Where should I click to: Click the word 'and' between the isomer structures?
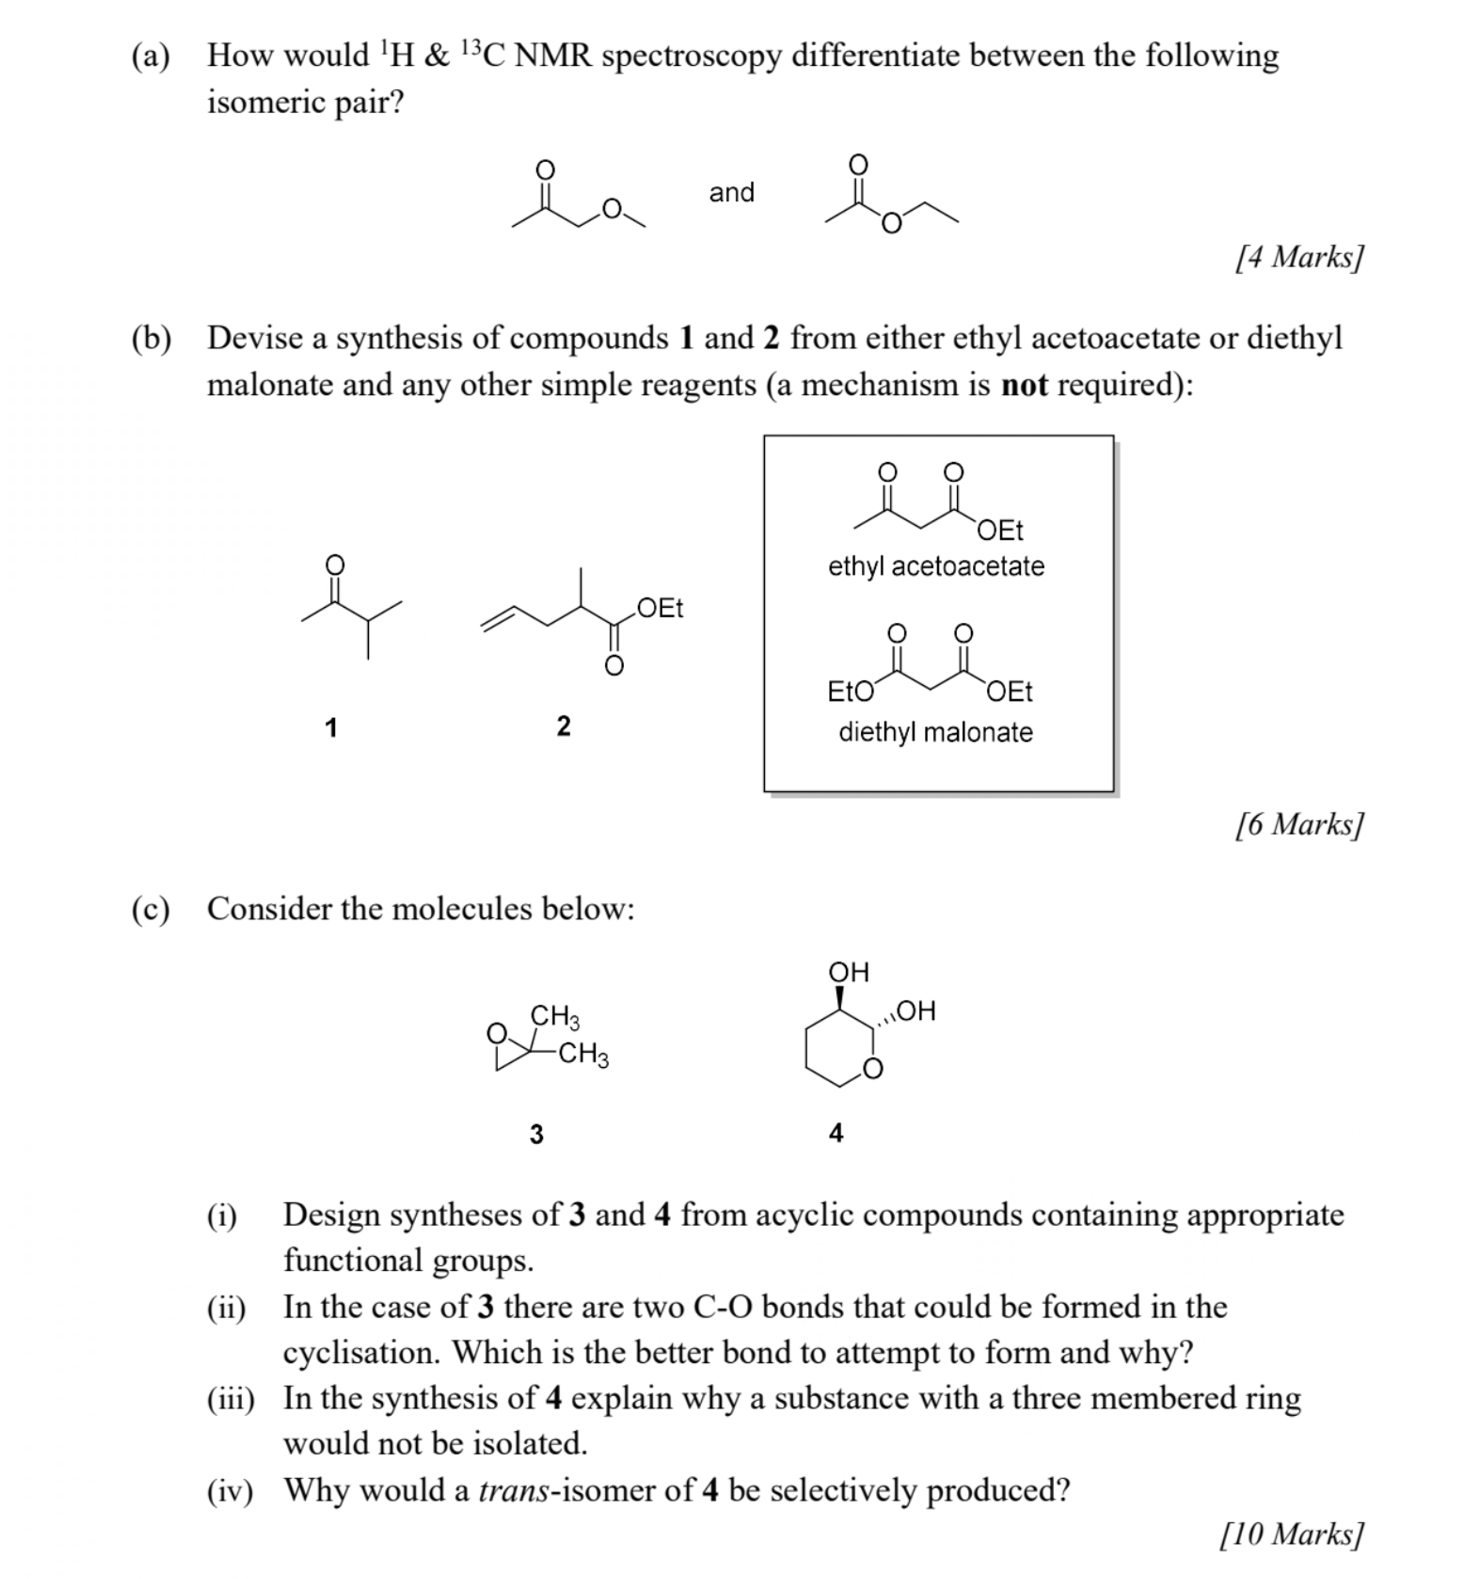pyautogui.click(x=731, y=192)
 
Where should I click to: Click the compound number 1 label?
pyautogui.click(x=331, y=727)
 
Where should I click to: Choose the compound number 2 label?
pyautogui.click(x=563, y=725)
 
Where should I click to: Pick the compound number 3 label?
pyautogui.click(x=536, y=1134)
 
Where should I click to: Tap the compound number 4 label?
pyautogui.click(x=836, y=1132)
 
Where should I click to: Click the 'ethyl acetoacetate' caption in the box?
pyautogui.click(x=936, y=566)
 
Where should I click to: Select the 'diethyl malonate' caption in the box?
pyautogui.click(x=936, y=731)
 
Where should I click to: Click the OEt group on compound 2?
pyautogui.click(x=659, y=608)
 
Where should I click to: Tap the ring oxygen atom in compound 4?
pyautogui.click(x=872, y=1069)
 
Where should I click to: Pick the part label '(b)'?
pyautogui.click(x=151, y=338)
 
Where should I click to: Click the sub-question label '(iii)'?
pyautogui.click(x=230, y=1399)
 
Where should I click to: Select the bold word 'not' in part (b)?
pyautogui.click(x=1025, y=385)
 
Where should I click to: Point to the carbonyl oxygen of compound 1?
pyautogui.click(x=335, y=565)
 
